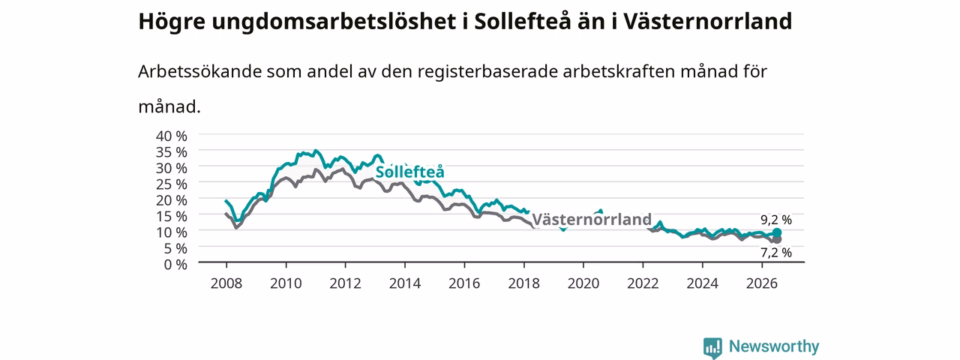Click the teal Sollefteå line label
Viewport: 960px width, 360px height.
point(409,172)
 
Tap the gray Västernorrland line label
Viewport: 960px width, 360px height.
point(592,220)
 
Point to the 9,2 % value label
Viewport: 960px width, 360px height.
point(776,220)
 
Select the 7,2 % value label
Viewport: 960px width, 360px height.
point(776,253)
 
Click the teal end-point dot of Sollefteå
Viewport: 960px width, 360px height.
point(777,232)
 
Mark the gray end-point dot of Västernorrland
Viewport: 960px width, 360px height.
point(777,239)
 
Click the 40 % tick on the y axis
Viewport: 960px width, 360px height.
point(172,136)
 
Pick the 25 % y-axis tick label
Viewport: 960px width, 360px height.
point(172,184)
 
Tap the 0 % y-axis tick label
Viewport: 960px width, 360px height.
point(175,265)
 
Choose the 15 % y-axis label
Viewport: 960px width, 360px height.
point(172,217)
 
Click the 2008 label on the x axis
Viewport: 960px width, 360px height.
point(226,283)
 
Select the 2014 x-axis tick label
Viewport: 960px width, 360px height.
point(405,283)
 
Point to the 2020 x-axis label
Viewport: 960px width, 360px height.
point(583,283)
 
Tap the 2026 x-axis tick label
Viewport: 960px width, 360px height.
point(762,283)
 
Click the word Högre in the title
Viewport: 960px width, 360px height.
point(172,22)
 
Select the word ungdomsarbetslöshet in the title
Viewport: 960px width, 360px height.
point(334,22)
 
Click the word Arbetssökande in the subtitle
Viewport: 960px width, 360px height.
point(199,71)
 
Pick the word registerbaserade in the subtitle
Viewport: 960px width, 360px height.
point(487,72)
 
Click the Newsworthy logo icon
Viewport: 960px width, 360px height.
point(712,347)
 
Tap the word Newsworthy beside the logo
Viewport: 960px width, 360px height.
point(774,346)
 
